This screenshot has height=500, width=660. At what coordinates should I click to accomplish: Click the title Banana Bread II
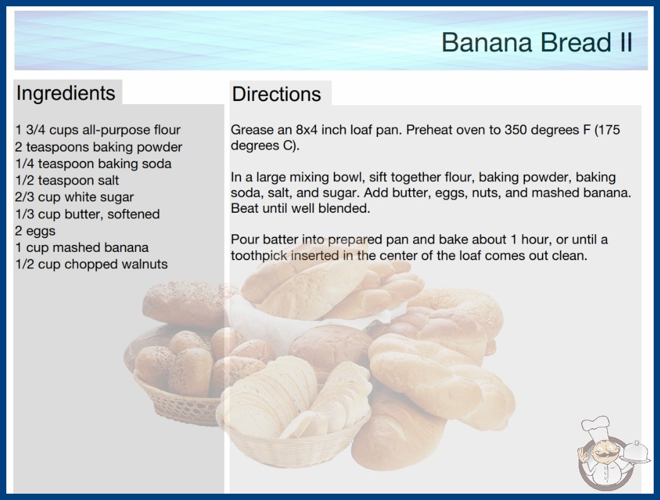[537, 42]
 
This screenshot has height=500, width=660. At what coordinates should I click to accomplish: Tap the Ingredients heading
[66, 93]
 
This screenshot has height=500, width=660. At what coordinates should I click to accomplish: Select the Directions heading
[276, 94]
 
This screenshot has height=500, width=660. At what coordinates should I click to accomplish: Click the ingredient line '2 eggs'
[35, 231]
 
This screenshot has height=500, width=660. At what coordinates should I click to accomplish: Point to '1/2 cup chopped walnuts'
[91, 264]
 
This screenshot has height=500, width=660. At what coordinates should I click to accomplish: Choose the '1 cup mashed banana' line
[81, 247]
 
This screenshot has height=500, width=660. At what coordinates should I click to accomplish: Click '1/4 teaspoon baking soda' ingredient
[93, 164]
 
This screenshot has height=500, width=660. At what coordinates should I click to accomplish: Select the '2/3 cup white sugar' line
[74, 197]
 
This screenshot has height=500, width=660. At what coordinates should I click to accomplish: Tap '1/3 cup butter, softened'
[87, 214]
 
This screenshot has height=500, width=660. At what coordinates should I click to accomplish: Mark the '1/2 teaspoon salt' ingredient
[67, 181]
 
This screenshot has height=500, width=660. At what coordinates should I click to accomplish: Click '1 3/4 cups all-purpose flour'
[98, 130]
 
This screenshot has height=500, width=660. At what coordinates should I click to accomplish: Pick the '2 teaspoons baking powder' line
[98, 147]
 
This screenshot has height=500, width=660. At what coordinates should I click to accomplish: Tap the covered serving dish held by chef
[636, 452]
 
